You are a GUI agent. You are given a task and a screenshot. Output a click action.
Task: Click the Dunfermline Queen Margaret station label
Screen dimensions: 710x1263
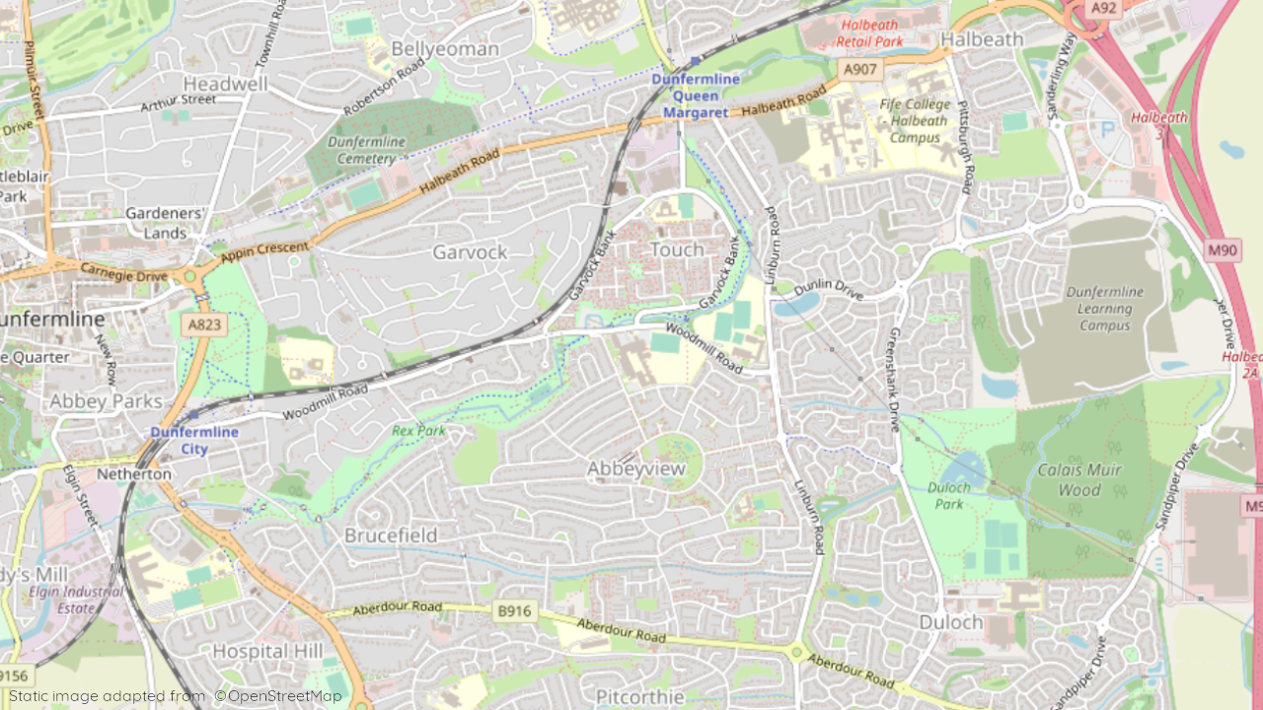tap(695, 96)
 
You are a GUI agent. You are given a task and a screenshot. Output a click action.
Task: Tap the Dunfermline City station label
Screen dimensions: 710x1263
tap(194, 440)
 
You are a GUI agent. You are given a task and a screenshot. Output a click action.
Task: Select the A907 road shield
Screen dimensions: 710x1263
tap(859, 70)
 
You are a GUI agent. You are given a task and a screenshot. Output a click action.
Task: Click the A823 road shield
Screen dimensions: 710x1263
tap(204, 323)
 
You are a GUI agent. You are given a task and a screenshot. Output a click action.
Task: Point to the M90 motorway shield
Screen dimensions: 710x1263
tap(1223, 250)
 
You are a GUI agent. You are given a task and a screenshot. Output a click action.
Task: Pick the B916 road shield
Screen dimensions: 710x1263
tap(514, 611)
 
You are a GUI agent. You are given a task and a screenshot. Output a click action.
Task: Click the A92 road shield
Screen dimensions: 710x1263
tap(1104, 8)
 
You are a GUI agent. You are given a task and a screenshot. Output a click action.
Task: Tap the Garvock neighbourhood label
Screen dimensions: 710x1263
tap(470, 252)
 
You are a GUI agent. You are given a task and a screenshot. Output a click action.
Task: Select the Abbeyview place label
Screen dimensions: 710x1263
tap(635, 469)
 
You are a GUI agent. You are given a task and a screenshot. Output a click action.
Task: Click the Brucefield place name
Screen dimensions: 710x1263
tap(390, 535)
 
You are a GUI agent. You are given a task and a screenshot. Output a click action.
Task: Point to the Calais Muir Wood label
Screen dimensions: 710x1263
tap(1078, 479)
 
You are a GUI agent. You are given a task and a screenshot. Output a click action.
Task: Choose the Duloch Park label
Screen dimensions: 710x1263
tap(948, 496)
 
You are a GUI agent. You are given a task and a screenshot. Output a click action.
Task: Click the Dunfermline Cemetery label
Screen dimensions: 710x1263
tap(366, 150)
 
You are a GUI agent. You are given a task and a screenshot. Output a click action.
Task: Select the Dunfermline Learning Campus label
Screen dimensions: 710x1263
tap(1104, 308)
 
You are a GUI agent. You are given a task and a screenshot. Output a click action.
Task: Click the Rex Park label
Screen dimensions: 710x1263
tap(418, 431)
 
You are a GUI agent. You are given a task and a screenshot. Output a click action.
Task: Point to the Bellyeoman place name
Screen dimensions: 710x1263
tap(445, 48)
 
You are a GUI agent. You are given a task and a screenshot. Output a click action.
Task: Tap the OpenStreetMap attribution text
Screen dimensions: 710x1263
tap(278, 696)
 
